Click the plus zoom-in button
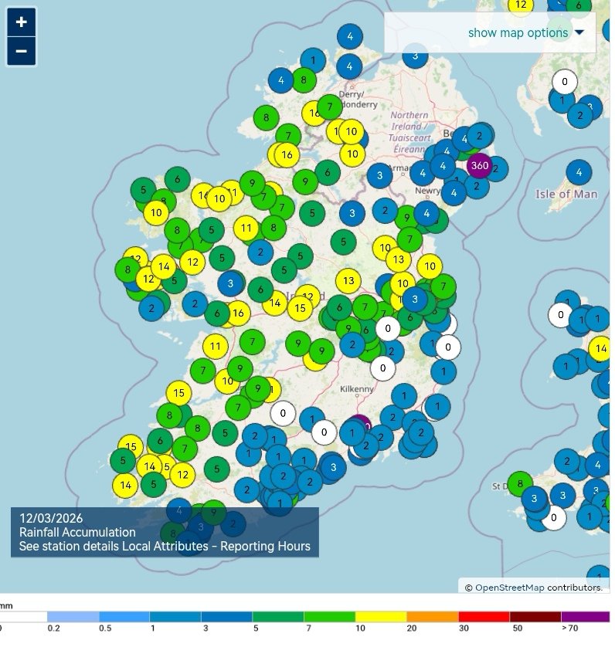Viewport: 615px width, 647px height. (21, 22)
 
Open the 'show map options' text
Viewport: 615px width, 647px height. (518, 32)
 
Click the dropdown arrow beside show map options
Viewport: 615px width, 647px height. (579, 32)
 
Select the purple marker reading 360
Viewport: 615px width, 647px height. (479, 165)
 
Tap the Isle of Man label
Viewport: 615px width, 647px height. (566, 194)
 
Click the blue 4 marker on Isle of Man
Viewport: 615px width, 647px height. (579, 172)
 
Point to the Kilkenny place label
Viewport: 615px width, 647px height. (357, 390)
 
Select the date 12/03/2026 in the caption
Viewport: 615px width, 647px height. (51, 517)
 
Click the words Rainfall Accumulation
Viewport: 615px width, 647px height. (77, 532)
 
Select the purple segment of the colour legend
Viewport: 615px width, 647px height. (586, 617)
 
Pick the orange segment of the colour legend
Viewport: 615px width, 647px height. (433, 617)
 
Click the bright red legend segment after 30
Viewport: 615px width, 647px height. (484, 617)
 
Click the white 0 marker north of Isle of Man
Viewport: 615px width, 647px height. (565, 81)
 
